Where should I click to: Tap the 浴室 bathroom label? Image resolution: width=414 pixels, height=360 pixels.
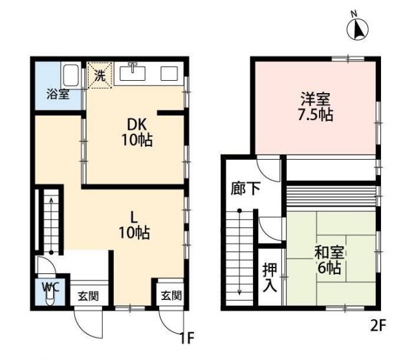click(x=58, y=94)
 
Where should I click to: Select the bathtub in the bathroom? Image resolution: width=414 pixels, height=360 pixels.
click(x=71, y=74)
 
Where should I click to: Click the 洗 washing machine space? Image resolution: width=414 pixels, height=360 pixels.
click(x=100, y=75)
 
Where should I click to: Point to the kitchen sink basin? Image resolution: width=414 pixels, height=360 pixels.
click(x=132, y=73)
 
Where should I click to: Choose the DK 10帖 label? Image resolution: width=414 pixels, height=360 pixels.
click(x=136, y=132)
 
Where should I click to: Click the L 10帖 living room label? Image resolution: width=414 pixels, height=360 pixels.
click(x=135, y=225)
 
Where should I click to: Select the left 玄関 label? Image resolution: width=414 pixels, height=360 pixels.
click(x=88, y=296)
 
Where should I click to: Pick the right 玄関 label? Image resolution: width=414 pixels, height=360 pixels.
click(x=171, y=295)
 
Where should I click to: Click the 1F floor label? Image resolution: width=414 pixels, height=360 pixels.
click(x=187, y=338)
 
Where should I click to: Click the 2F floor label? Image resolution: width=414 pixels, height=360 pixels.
click(x=378, y=326)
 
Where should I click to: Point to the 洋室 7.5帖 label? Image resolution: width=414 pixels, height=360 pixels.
click(x=316, y=107)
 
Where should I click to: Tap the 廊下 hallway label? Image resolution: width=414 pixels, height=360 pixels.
click(x=246, y=188)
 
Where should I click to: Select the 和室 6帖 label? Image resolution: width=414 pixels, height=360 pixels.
click(x=329, y=260)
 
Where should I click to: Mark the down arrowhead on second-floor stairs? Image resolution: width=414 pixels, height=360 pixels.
click(x=239, y=292)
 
